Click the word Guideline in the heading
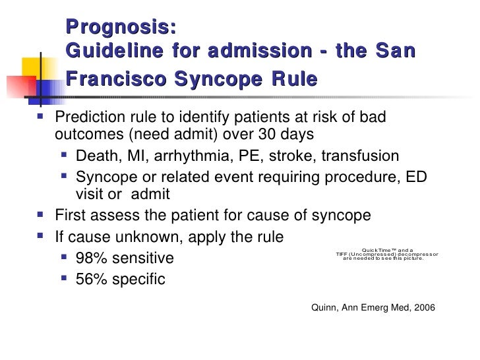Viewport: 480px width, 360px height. (113, 51)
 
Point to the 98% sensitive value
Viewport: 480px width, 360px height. (125, 258)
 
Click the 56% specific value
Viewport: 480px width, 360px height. (121, 279)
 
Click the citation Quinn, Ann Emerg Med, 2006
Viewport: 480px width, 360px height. (373, 308)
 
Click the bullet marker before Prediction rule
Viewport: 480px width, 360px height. (43, 118)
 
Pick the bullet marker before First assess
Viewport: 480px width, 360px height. (43, 215)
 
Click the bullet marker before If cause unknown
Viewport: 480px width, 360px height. (43, 235)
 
